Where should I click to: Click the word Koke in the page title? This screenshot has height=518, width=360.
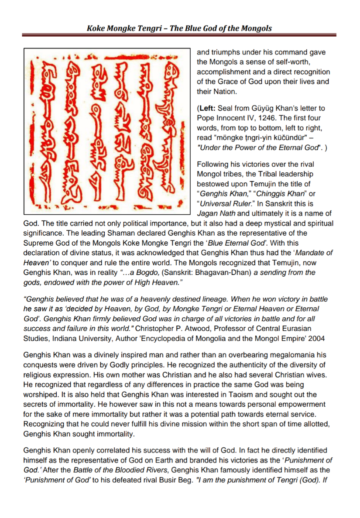96,29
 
